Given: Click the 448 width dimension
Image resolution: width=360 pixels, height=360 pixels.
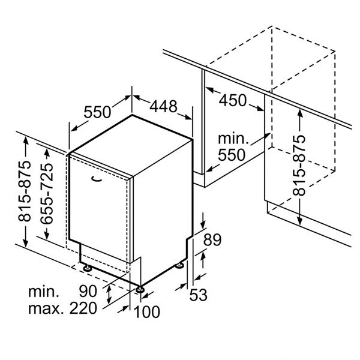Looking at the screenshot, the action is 163,106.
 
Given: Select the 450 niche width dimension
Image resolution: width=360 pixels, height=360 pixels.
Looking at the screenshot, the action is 233,101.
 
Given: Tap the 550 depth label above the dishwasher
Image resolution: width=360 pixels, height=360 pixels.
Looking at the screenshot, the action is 97,112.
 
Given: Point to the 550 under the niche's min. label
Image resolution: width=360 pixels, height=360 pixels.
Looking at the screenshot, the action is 232,155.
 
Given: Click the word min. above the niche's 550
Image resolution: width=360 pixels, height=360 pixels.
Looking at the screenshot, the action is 233,139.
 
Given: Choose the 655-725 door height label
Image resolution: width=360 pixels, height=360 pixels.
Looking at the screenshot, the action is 47,194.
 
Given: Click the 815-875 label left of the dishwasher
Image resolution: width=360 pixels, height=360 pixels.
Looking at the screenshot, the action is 25,191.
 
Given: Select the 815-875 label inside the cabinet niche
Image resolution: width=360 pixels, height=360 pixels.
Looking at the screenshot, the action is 299,166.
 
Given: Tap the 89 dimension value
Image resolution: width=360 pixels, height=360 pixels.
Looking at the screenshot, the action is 212,240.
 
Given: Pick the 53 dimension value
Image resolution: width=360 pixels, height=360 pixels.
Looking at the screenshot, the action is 198,295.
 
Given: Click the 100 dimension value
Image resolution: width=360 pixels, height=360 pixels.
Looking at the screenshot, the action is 146,311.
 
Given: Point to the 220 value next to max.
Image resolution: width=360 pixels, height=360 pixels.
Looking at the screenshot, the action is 83,308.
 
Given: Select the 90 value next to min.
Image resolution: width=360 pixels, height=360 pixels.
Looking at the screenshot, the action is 88,291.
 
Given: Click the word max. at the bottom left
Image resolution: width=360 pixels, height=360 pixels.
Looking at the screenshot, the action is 46,309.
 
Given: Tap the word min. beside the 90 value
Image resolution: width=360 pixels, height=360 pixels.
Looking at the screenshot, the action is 44,292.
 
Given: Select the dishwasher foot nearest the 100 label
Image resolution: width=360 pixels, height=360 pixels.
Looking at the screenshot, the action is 140,289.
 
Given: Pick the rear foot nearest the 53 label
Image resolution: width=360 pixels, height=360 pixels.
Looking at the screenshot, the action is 179,265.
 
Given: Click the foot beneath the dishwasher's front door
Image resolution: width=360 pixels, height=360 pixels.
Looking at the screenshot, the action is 87,268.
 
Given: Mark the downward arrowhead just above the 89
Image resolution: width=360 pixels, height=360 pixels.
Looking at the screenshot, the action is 203,226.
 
